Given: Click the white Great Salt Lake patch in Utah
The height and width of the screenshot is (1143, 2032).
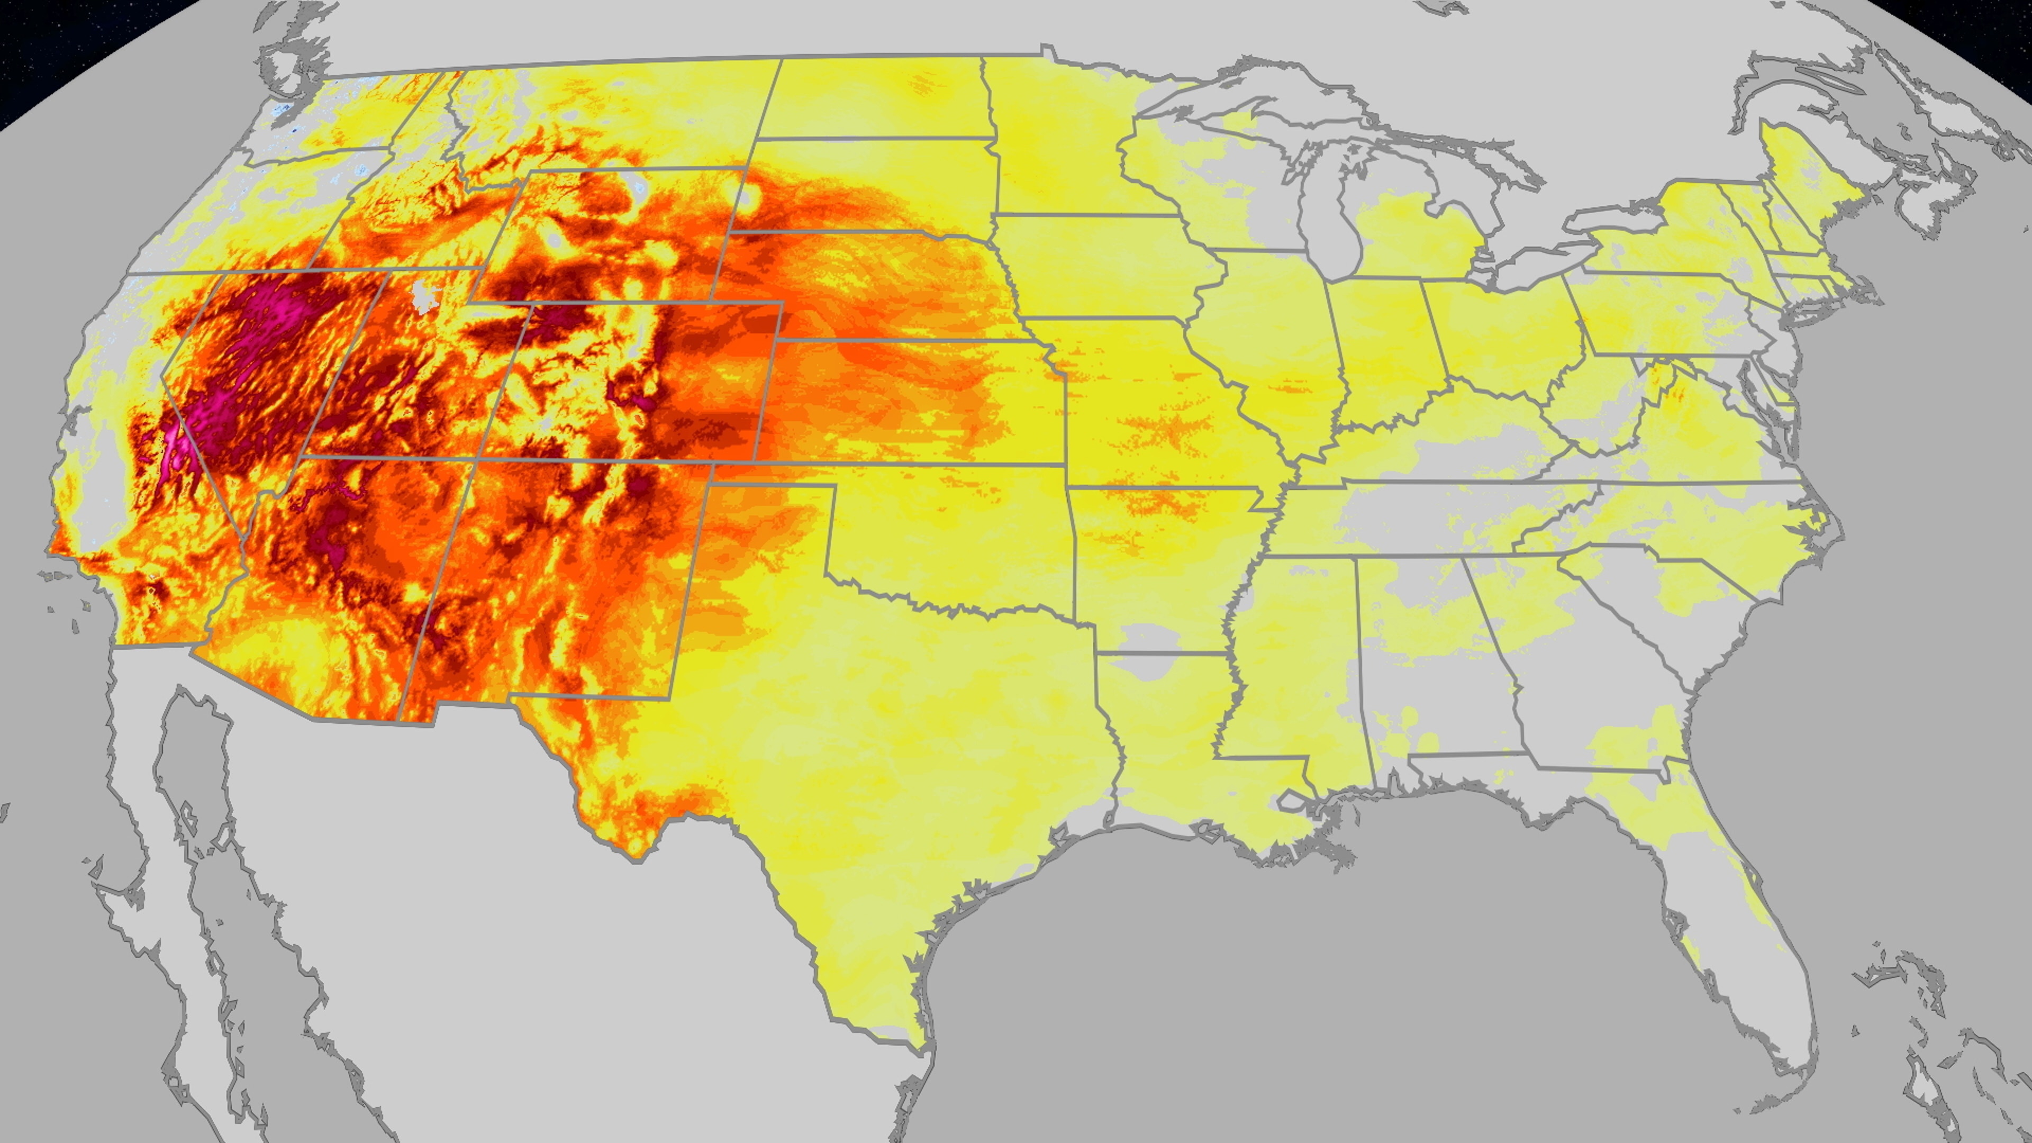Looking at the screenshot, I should click(426, 296).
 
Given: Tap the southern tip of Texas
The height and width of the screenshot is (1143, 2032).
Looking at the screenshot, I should click(919, 1041).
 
